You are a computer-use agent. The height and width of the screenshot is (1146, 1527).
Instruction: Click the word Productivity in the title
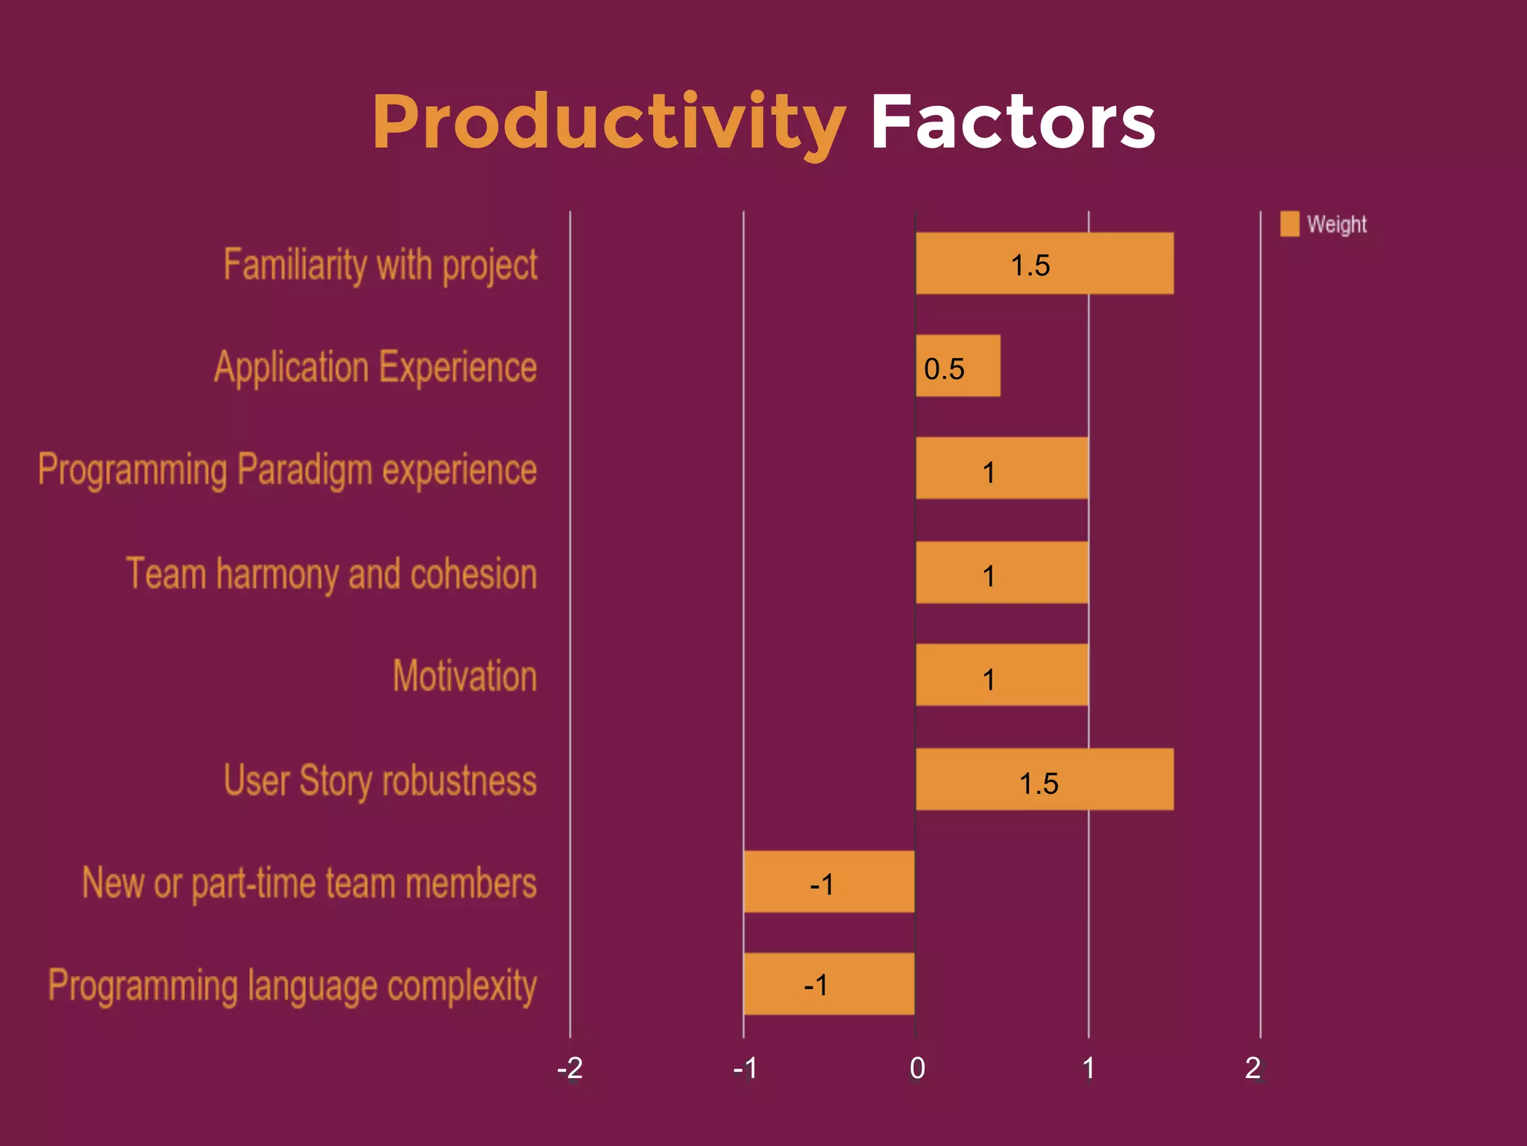pyautogui.click(x=608, y=123)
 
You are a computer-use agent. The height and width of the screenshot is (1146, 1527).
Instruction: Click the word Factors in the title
pyautogui.click(x=1013, y=123)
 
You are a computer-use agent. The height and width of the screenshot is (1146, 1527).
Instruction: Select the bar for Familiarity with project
pyautogui.click(x=1044, y=263)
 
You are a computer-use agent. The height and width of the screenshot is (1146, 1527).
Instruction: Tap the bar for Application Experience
pyautogui.click(x=957, y=366)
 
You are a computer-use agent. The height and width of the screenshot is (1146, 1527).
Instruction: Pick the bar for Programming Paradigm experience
pyautogui.click(x=1001, y=469)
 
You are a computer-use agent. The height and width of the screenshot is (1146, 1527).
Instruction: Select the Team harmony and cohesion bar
pyautogui.click(x=1001, y=572)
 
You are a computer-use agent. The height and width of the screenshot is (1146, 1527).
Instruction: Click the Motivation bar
pyautogui.click(x=1001, y=675)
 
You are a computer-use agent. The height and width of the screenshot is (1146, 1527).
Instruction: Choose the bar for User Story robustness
pyautogui.click(x=1044, y=779)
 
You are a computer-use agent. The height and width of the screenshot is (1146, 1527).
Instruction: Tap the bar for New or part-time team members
pyautogui.click(x=829, y=882)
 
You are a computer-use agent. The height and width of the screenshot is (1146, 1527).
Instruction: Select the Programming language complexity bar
pyautogui.click(x=829, y=984)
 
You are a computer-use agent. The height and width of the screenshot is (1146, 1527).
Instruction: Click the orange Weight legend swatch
pyautogui.click(x=1289, y=224)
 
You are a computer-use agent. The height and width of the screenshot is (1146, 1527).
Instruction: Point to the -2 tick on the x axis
pyautogui.click(x=570, y=1068)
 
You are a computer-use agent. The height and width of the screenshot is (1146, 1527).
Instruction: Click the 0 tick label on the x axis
pyautogui.click(x=917, y=1068)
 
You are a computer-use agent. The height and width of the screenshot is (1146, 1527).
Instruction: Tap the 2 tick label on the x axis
pyautogui.click(x=1253, y=1068)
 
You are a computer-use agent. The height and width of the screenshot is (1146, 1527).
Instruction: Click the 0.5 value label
pyautogui.click(x=944, y=369)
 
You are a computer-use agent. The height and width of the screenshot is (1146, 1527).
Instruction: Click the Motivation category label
pyautogui.click(x=465, y=676)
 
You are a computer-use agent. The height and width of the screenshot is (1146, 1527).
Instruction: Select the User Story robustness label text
pyautogui.click(x=380, y=780)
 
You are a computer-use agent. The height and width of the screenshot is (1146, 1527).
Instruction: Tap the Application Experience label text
pyautogui.click(x=376, y=367)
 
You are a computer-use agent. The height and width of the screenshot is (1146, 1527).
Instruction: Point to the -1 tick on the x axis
pyautogui.click(x=745, y=1068)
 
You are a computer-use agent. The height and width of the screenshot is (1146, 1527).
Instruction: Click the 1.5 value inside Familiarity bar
pyautogui.click(x=1030, y=266)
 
